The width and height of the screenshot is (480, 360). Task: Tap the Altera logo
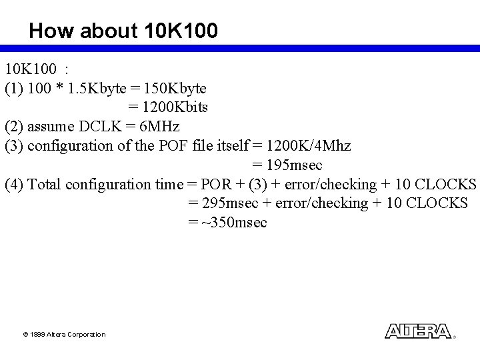[x=418, y=331]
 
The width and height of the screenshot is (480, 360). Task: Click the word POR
[x=215, y=184]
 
